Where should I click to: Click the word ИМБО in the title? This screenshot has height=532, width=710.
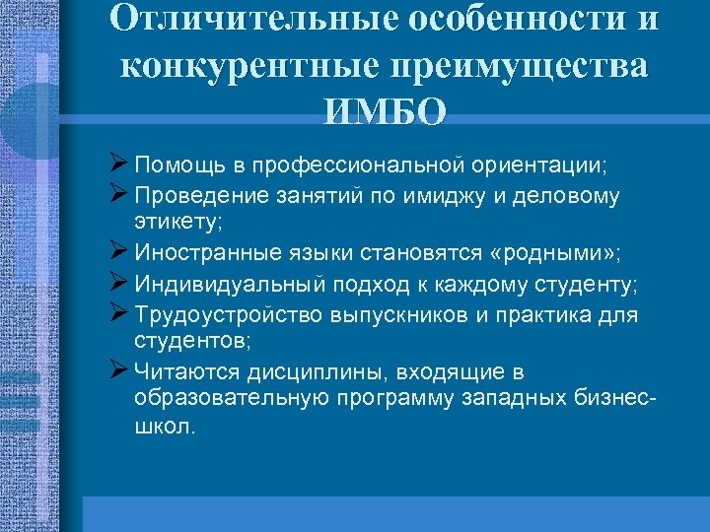pyautogui.click(x=384, y=109)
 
